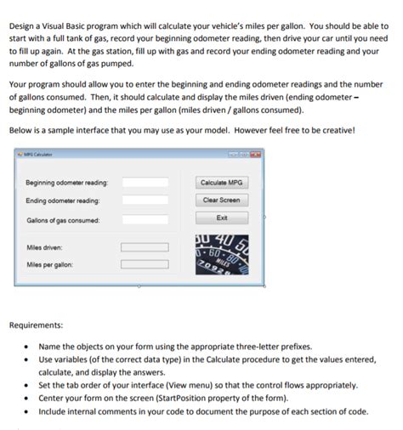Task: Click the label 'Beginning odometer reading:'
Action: (66, 183)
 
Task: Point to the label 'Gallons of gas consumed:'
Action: (62, 220)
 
